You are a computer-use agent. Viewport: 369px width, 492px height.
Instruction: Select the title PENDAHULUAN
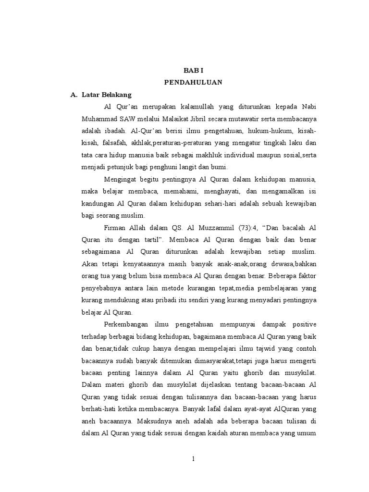click(193, 82)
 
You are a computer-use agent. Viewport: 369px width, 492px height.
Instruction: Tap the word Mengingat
click(122, 179)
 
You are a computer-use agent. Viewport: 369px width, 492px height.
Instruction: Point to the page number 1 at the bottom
click(193, 459)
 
